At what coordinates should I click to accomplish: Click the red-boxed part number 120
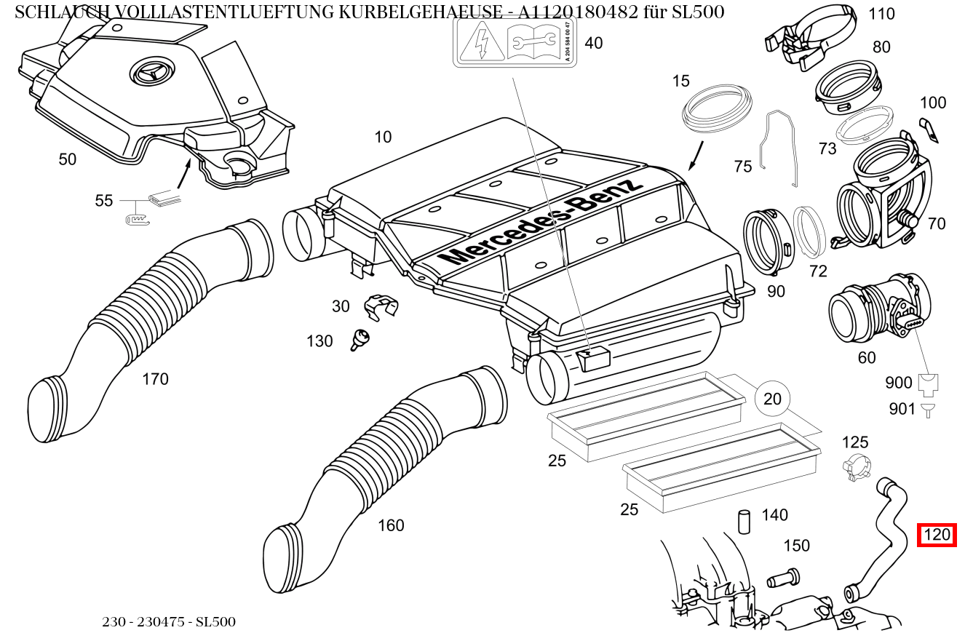point(936,535)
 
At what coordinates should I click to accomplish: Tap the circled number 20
point(772,399)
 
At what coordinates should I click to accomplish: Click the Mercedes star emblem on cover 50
point(149,74)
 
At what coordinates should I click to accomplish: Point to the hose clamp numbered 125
point(856,467)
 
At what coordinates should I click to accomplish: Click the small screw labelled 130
point(360,339)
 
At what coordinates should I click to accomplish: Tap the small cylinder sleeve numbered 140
point(744,522)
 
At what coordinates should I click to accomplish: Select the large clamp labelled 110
point(814,37)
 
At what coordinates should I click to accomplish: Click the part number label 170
point(155,379)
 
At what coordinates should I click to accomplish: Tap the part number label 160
point(391,525)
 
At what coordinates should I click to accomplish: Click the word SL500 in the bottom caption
point(215,622)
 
